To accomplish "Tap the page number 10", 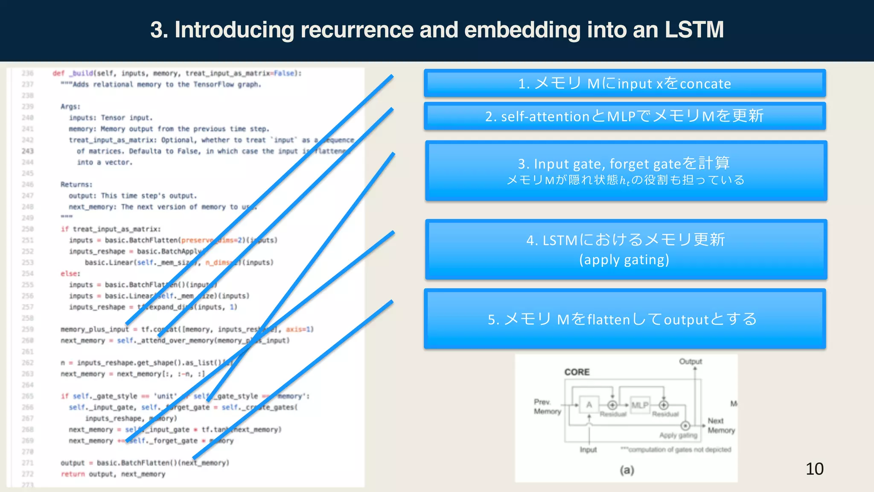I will pos(814,469).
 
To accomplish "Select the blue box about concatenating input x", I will pos(624,83).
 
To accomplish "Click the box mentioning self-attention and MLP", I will pos(624,116).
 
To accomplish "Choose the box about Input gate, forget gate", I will pos(626,170).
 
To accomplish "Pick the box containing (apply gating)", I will pos(626,249).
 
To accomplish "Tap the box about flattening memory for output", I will pos(624,319).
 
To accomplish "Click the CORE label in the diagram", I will pos(577,372).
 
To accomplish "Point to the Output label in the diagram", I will pos(690,361).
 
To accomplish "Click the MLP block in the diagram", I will pos(639,405).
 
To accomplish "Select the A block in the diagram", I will pos(589,405).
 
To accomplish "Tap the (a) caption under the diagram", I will pos(626,470).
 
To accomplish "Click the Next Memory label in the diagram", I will pos(721,425).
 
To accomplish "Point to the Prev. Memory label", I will pos(547,407).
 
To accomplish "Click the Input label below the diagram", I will pos(588,450).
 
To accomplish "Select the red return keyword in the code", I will pos(73,474).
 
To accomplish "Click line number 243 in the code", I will pos(28,151).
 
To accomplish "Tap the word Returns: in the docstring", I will pos(76,184).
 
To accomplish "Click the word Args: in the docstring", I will pos(70,106).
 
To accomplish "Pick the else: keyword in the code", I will pos(70,274).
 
